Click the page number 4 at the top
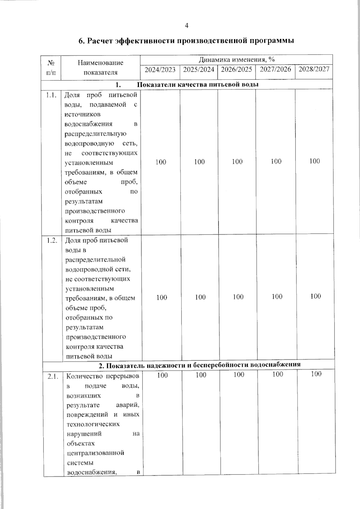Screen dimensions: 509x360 [x=187, y=26]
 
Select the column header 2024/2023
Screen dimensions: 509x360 [x=160, y=70]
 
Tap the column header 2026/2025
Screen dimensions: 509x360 [x=236, y=70]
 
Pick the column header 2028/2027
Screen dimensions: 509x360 [x=314, y=69]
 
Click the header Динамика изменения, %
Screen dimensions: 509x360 [x=237, y=59]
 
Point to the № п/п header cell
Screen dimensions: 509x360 [x=51, y=67]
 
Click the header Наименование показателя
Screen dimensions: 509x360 [x=100, y=67]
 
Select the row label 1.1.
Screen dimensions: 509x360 [x=51, y=95]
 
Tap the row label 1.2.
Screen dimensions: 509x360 [x=52, y=241]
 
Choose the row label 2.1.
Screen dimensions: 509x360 [x=53, y=376]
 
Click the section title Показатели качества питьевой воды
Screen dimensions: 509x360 [x=198, y=85]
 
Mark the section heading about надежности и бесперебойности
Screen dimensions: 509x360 [x=199, y=365]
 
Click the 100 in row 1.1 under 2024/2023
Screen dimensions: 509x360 [x=161, y=162]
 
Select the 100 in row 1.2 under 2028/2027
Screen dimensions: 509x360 [x=316, y=296]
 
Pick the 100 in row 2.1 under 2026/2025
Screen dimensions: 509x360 [x=239, y=375]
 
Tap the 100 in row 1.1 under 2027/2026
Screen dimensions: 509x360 [x=276, y=161]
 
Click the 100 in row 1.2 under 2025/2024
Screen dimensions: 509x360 [x=200, y=297]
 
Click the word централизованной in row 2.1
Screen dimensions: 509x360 [x=95, y=453]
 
